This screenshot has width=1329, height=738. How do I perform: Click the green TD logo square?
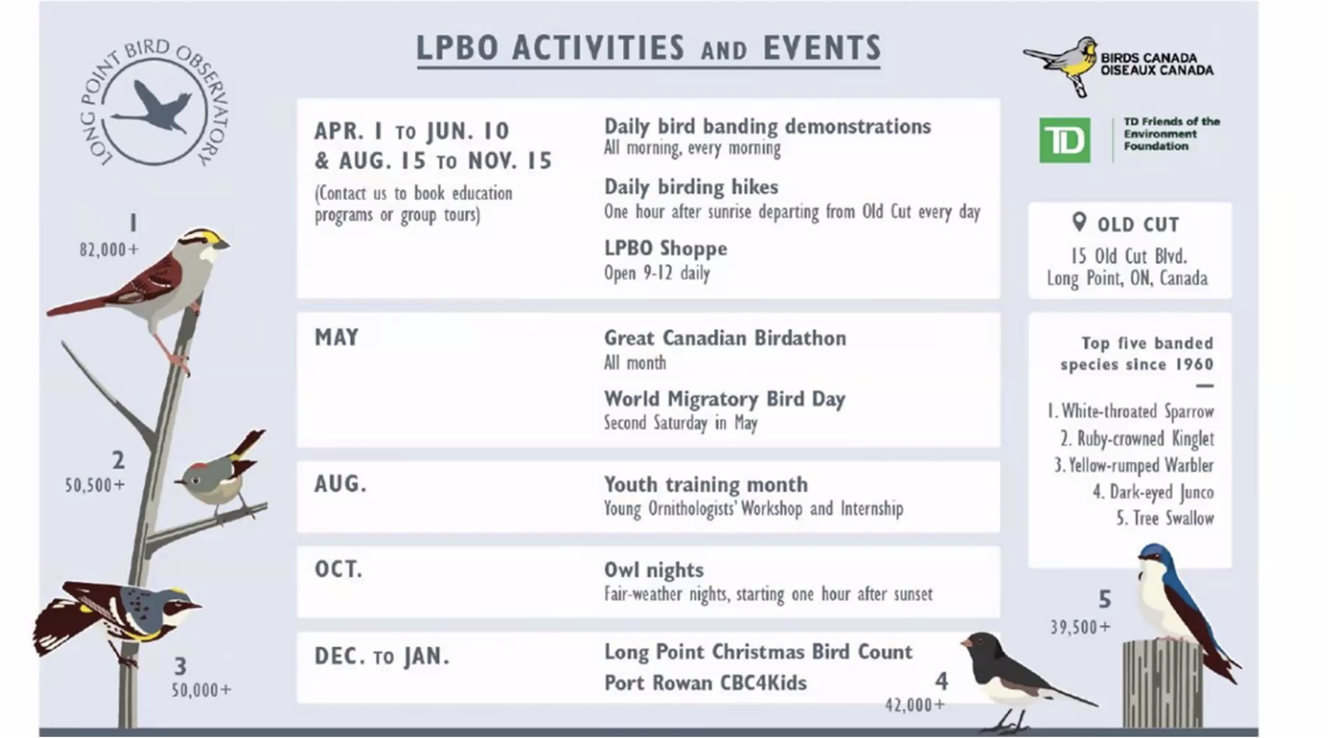tap(1065, 140)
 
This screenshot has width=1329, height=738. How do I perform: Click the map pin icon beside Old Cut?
tap(1079, 222)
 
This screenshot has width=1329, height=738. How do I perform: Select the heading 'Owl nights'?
tap(654, 570)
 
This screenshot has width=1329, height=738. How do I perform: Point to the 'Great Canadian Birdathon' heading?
tap(725, 337)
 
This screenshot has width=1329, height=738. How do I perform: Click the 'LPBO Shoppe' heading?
tap(665, 248)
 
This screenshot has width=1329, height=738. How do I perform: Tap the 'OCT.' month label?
tap(338, 569)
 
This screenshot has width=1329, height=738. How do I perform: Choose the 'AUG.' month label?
tap(340, 484)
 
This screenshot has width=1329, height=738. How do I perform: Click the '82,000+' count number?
tap(109, 250)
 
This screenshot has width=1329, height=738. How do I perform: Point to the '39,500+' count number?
tap(1080, 627)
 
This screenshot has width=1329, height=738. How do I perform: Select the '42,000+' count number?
tap(915, 704)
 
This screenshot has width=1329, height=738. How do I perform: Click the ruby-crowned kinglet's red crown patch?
tap(200, 466)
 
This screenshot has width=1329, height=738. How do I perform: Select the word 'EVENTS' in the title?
tap(822, 48)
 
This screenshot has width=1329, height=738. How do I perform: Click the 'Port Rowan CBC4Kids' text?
tap(705, 682)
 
